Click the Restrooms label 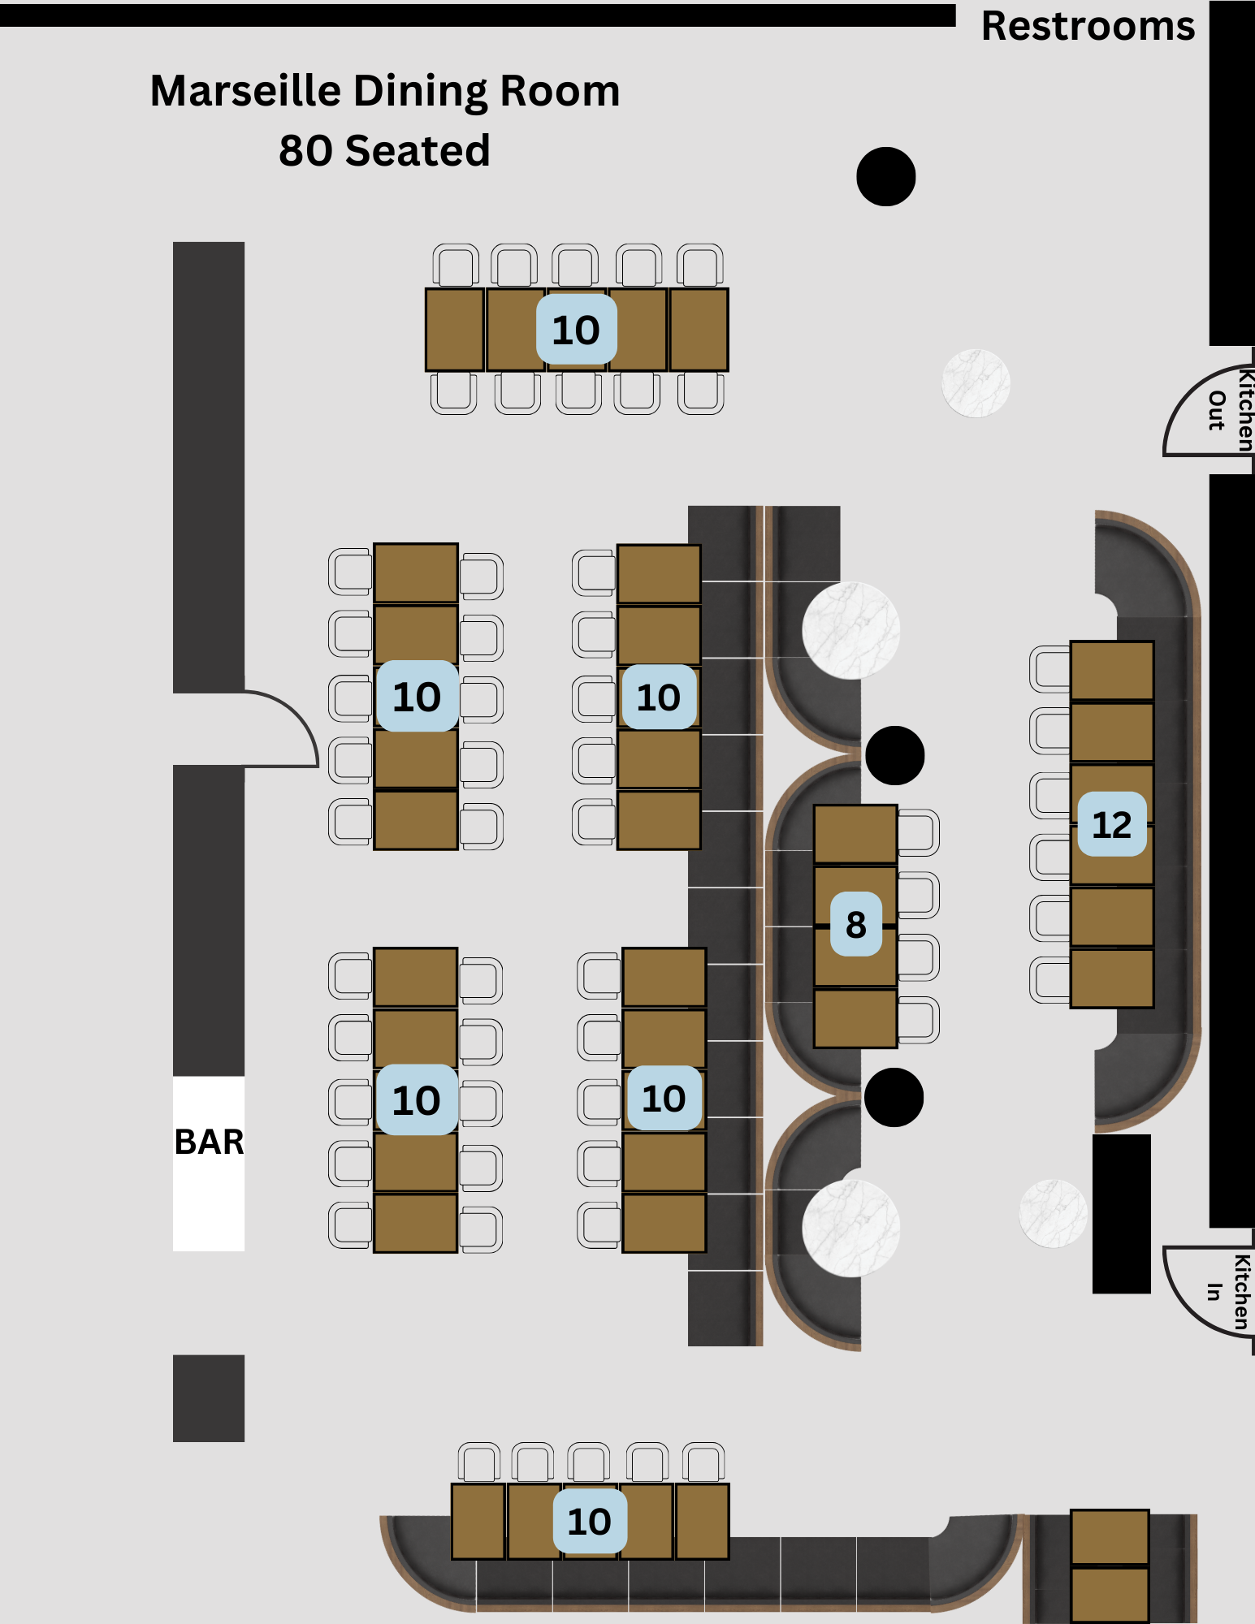1088,26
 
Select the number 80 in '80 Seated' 305,151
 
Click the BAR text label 209,1142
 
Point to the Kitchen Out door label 1230,410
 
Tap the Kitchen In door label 1229,1292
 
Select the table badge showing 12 1111,825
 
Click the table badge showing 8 855,925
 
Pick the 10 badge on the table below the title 576,330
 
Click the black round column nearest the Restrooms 886,176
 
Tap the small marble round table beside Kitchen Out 976,383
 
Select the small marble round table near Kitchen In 1053,1213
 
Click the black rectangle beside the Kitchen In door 1121,1213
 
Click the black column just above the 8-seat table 894,755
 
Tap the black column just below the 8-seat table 894,1098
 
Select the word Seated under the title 417,151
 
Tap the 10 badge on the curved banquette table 590,1521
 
